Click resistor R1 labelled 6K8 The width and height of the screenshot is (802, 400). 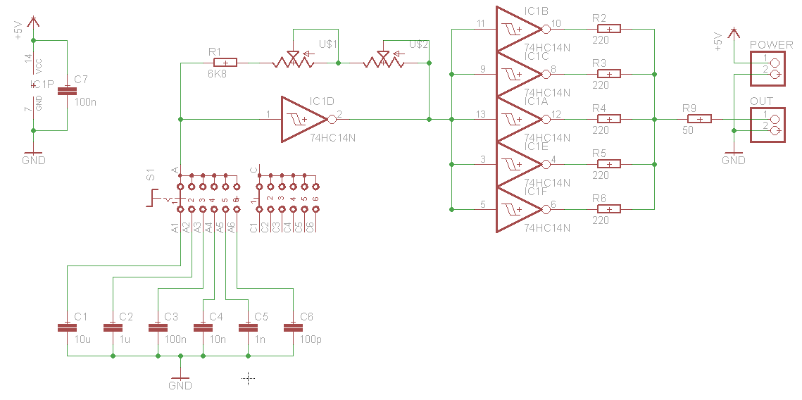pyautogui.click(x=225, y=63)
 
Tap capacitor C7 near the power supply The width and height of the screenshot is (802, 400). pyautogui.click(x=67, y=91)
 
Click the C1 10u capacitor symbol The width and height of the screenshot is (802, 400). pyautogui.click(x=67, y=327)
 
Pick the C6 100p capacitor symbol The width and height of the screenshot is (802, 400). pyautogui.click(x=292, y=327)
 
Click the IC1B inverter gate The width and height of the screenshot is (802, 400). pyautogui.click(x=518, y=30)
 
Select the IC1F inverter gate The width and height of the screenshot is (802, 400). pyautogui.click(x=518, y=209)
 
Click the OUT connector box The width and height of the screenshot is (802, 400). pyautogui.click(x=767, y=125)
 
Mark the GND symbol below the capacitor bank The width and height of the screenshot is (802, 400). pyautogui.click(x=180, y=385)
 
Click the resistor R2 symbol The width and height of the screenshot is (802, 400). pyautogui.click(x=609, y=29)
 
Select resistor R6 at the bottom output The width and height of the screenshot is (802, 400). pyautogui.click(x=609, y=208)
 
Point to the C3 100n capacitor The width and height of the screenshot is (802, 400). pyautogui.click(x=157, y=327)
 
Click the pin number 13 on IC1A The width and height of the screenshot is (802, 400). pyautogui.click(x=481, y=114)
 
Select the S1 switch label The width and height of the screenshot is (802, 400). pyautogui.click(x=151, y=175)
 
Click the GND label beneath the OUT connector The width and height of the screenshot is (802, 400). pyautogui.click(x=733, y=161)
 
